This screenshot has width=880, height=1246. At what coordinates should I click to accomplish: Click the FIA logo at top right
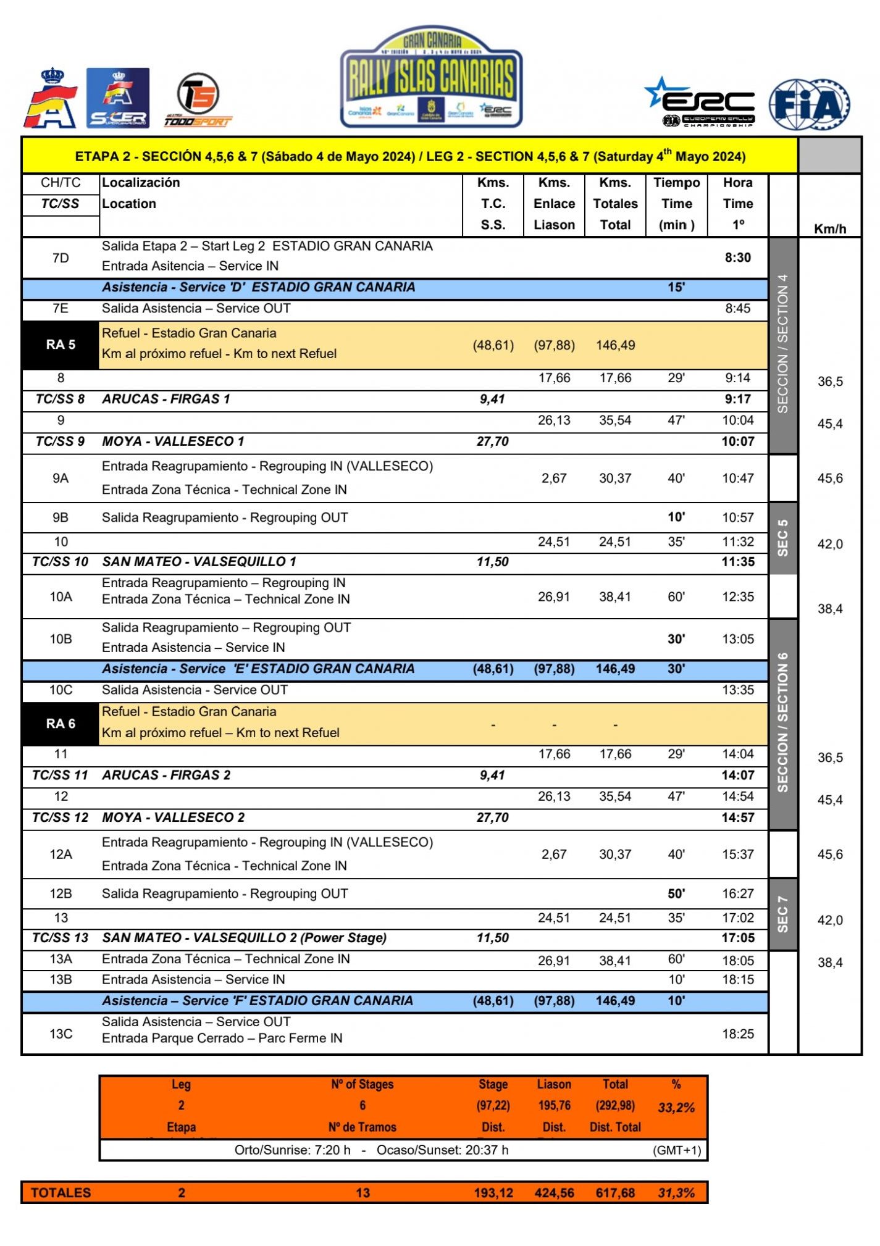[809, 104]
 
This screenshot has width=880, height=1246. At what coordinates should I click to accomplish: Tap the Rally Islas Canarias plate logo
[431, 78]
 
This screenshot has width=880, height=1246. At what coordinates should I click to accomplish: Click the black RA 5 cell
[61, 345]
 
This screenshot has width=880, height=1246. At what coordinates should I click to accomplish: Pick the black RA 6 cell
[61, 723]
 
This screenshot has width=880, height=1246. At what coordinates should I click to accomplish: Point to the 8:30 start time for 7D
[737, 257]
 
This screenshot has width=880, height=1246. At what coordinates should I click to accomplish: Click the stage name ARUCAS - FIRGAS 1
[166, 399]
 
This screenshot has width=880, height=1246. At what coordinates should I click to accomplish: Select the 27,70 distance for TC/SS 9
[492, 441]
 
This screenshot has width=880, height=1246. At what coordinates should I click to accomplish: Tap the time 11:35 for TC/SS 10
[737, 561]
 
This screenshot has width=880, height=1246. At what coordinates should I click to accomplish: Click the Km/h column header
[829, 229]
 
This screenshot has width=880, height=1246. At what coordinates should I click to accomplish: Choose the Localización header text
[141, 183]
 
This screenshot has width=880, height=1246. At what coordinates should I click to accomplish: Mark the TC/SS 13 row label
[61, 938]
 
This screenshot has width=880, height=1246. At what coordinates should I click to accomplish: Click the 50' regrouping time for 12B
[676, 893]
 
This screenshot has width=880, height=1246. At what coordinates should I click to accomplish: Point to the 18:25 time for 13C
[737, 1034]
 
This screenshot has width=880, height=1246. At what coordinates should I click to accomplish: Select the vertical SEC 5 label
[782, 538]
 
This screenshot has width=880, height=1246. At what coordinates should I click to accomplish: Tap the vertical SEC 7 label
[782, 914]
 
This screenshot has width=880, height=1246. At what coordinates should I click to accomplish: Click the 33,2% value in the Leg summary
[676, 1107]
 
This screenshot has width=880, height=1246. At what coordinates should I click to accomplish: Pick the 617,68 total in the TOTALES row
[615, 1193]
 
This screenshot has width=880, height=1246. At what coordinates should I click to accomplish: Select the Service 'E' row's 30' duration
[676, 669]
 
